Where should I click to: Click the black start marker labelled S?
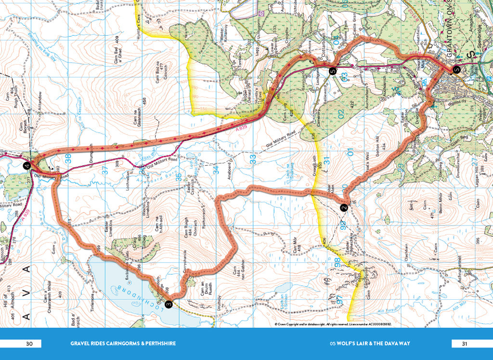456,69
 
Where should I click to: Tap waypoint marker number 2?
344,208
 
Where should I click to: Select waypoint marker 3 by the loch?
169,304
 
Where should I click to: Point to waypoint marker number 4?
27,166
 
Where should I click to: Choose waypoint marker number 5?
332,71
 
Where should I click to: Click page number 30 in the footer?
29,344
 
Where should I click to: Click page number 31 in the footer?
464,344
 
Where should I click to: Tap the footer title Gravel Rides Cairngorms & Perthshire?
123,344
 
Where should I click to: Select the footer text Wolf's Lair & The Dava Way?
369,344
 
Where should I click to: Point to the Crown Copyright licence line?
333,324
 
